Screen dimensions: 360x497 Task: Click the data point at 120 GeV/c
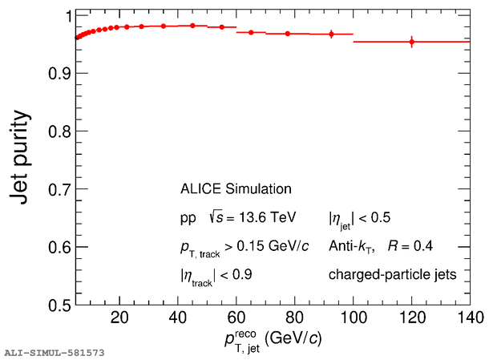(411, 42)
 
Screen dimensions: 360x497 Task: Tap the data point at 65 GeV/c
(251, 32)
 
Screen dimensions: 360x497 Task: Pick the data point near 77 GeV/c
(287, 34)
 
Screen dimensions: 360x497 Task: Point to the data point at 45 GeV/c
(192, 26)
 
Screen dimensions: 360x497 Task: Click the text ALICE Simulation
(235, 189)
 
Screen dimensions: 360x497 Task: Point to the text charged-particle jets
(392, 275)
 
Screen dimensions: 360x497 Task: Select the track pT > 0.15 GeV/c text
(244, 246)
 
